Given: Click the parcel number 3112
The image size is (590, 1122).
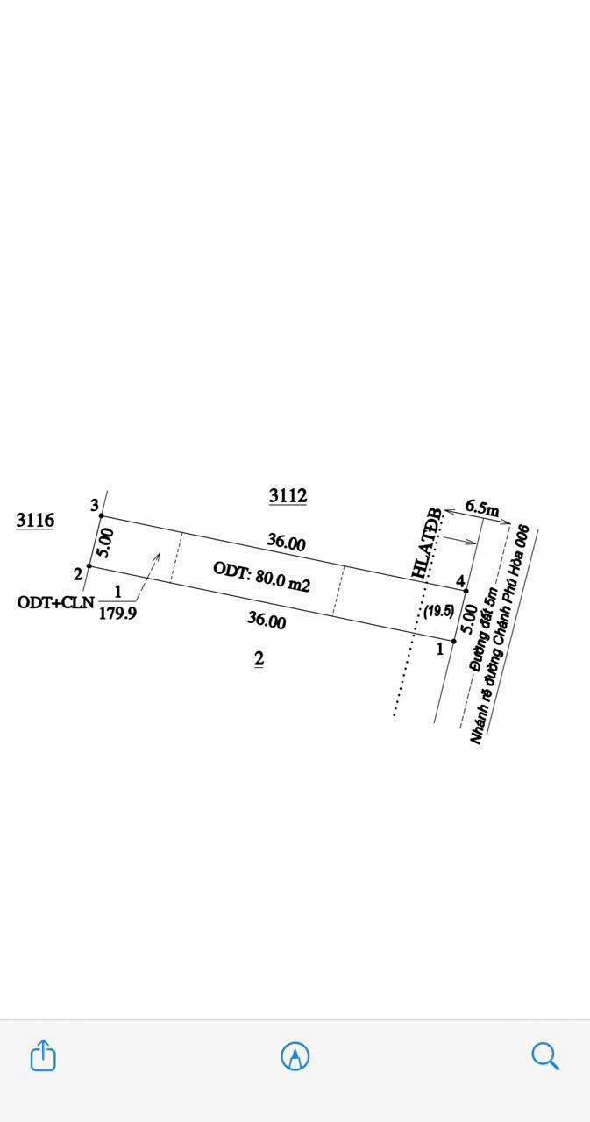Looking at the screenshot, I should click(288, 496).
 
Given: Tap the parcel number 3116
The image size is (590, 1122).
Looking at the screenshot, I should click(35, 521).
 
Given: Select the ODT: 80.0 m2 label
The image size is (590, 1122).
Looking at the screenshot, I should click(261, 577).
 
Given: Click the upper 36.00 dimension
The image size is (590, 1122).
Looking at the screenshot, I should click(286, 543).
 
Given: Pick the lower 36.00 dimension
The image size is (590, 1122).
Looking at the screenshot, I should click(267, 620).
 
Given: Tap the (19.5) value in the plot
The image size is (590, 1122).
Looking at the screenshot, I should click(438, 612).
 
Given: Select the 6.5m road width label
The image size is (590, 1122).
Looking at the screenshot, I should click(481, 508).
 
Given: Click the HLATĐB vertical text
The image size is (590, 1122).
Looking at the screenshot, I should click(430, 547).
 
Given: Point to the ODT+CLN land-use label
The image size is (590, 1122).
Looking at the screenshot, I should click(54, 602).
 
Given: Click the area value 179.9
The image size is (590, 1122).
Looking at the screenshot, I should click(117, 614).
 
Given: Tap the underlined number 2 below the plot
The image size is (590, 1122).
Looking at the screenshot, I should click(259, 659).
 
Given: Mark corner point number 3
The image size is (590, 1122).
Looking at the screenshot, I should click(95, 505).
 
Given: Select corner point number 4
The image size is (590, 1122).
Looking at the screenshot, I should click(460, 581).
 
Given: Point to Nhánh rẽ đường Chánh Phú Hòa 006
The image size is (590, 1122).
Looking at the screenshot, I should click(501, 635).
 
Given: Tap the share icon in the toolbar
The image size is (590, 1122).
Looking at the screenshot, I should click(43, 1055).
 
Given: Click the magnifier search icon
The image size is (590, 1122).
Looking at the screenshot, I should click(545, 1055).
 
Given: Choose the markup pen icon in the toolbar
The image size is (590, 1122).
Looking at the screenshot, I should click(295, 1056).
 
